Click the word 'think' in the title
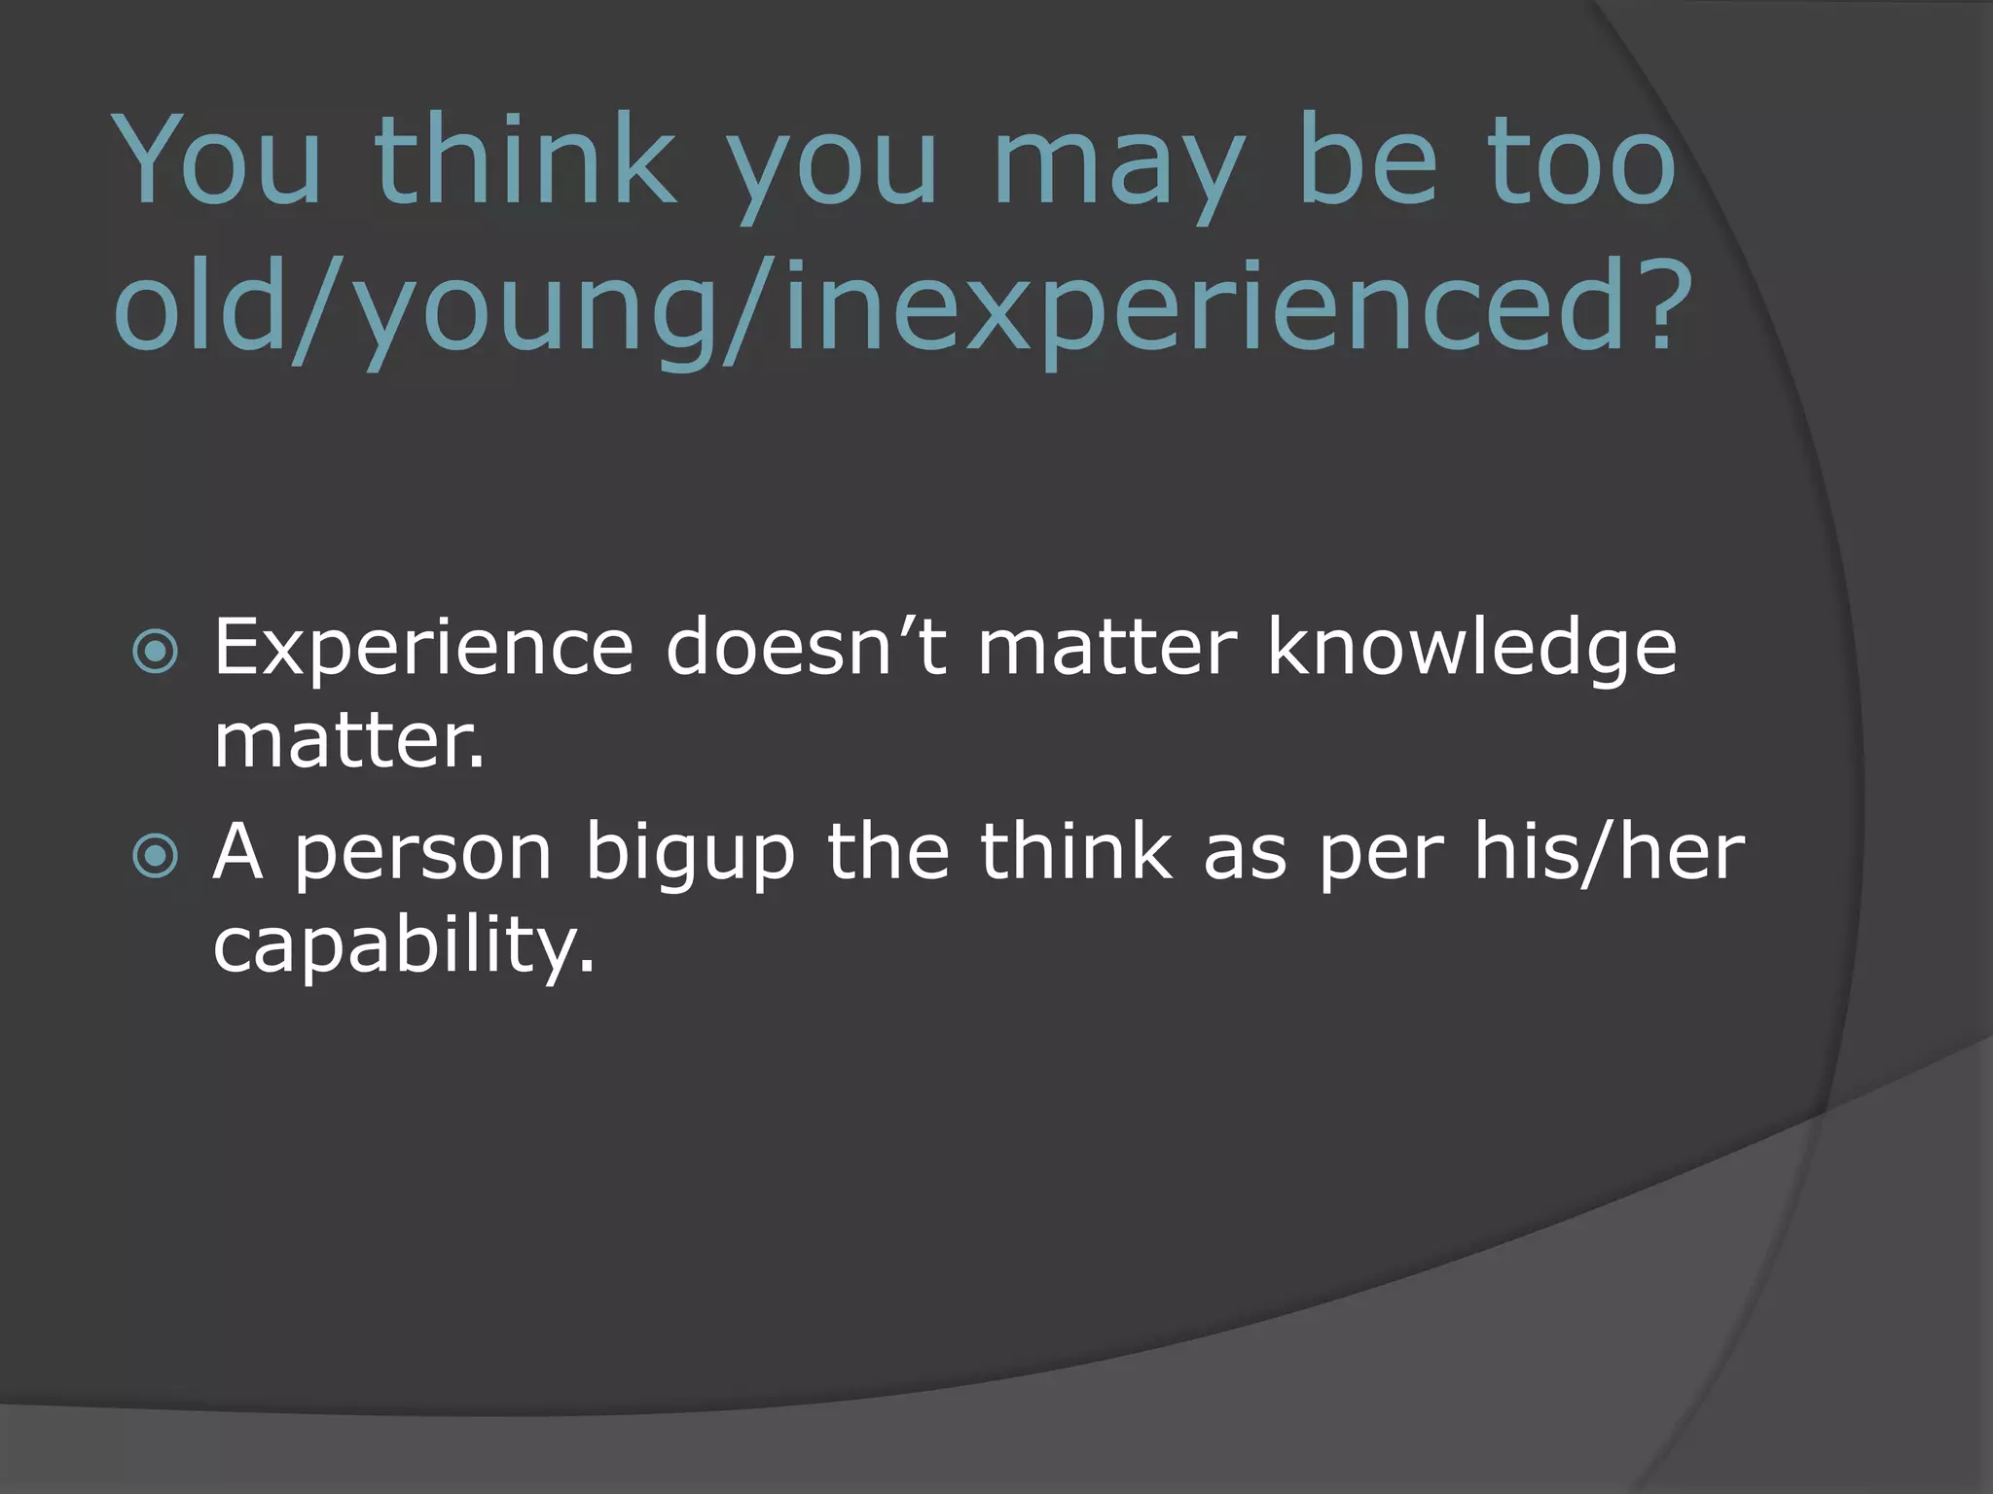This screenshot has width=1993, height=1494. pyautogui.click(x=525, y=160)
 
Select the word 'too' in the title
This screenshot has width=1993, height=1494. pyautogui.click(x=1582, y=160)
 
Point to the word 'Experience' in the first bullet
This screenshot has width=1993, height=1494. pyautogui.click(x=423, y=647)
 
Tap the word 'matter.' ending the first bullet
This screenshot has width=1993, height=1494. pyautogui.click(x=348, y=741)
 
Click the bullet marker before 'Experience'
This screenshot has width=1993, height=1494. pyautogui.click(x=156, y=654)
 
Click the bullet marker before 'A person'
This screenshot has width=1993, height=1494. pyautogui.click(x=156, y=857)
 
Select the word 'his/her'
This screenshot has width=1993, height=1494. pyautogui.click(x=1609, y=852)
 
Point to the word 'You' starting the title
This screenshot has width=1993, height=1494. pyautogui.click(x=218, y=160)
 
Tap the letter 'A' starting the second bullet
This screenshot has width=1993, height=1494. pyautogui.click(x=238, y=852)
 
